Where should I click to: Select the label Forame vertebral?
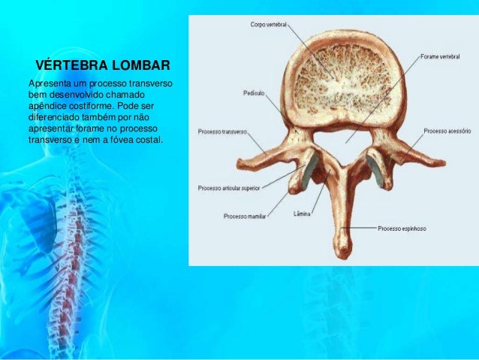point(439,56)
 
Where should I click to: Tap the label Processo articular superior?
point(229,188)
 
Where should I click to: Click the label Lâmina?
point(301,213)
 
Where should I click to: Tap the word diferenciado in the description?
point(55,116)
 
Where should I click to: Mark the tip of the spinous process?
point(342,249)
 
